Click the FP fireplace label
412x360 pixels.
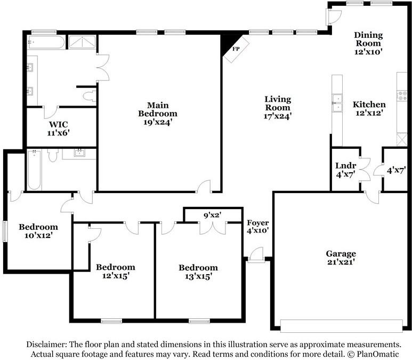point(236,49)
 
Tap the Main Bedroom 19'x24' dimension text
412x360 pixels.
point(158,122)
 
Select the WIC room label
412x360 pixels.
point(58,124)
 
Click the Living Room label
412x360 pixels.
point(278,103)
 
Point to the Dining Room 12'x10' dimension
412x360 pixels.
point(368,52)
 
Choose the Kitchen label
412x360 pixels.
point(369,105)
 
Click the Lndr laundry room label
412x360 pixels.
point(345,166)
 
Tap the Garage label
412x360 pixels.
point(341,253)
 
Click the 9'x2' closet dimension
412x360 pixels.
point(213,215)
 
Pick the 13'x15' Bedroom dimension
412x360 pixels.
point(198,276)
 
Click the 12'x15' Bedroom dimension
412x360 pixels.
point(116,276)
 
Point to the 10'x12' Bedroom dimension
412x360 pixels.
point(38,235)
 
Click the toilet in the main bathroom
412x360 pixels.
point(90,96)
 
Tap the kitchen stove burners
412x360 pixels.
point(402,95)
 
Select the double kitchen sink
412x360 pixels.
point(337,103)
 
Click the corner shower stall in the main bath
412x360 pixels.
point(82,42)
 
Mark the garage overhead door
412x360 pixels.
point(341,326)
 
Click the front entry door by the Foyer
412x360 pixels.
point(256,255)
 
